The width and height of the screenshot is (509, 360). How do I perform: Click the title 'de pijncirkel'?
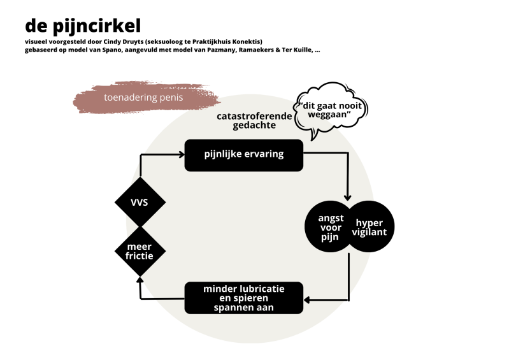pyautogui.click(x=83, y=25)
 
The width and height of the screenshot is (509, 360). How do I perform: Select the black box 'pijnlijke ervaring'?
pyautogui.click(x=243, y=155)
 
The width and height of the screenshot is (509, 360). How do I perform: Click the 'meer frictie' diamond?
pyautogui.click(x=140, y=250)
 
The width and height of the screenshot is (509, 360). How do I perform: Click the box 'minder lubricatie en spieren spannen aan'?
pyautogui.click(x=243, y=298)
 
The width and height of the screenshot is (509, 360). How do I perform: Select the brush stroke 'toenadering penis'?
pyautogui.click(x=143, y=98)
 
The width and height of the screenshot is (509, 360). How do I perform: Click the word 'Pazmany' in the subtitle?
pyautogui.click(x=196, y=50)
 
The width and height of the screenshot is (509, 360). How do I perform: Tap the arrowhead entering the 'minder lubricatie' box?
pyautogui.click(x=306, y=299)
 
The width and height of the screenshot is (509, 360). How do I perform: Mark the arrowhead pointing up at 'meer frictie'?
pyautogui.click(x=140, y=280)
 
